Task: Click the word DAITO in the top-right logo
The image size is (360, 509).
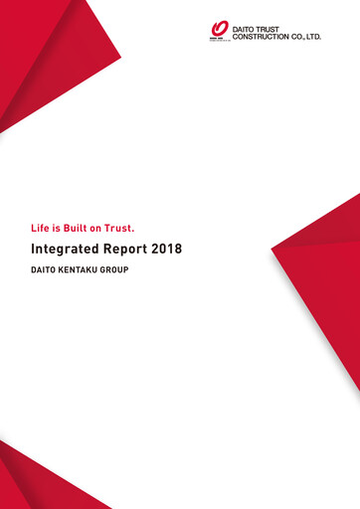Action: coord(245,29)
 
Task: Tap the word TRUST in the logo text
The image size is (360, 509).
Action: coord(273,29)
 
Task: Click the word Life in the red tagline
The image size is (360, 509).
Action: coord(43,228)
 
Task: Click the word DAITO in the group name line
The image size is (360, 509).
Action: coord(47,269)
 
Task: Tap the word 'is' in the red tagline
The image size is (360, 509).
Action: coord(63,228)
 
